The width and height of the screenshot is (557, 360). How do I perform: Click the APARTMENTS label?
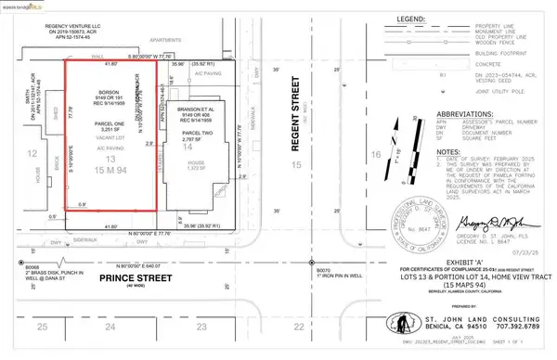pos(148,54)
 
